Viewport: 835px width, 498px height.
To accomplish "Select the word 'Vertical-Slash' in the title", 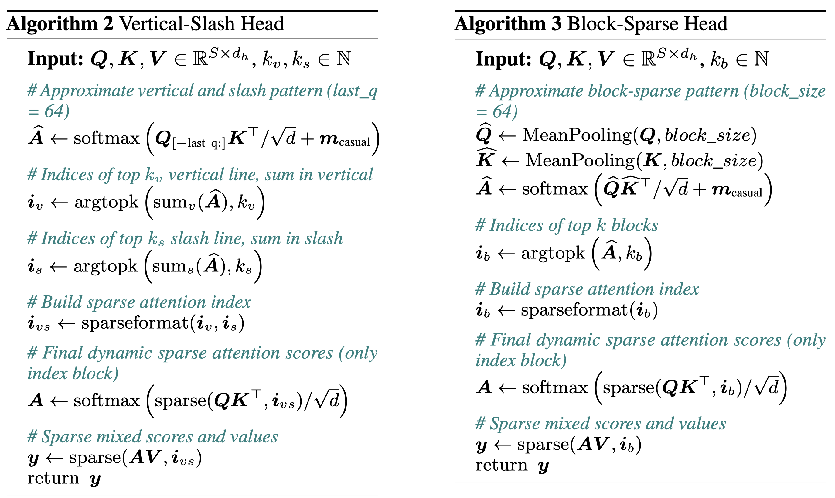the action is click(x=172, y=24).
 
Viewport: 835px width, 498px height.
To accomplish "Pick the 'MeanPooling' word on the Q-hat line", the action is click(x=577, y=135).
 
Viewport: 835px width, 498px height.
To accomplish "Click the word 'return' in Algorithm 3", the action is click(x=502, y=465).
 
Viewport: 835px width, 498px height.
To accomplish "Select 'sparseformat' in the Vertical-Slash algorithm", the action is click(x=135, y=323).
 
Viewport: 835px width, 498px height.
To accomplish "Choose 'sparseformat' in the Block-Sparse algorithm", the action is click(x=574, y=310).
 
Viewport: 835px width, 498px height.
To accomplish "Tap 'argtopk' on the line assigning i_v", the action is click(x=106, y=202).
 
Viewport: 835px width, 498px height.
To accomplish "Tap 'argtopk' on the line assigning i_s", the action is click(x=106, y=266).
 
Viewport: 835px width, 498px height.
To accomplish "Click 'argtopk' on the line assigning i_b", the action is click(x=553, y=253).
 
